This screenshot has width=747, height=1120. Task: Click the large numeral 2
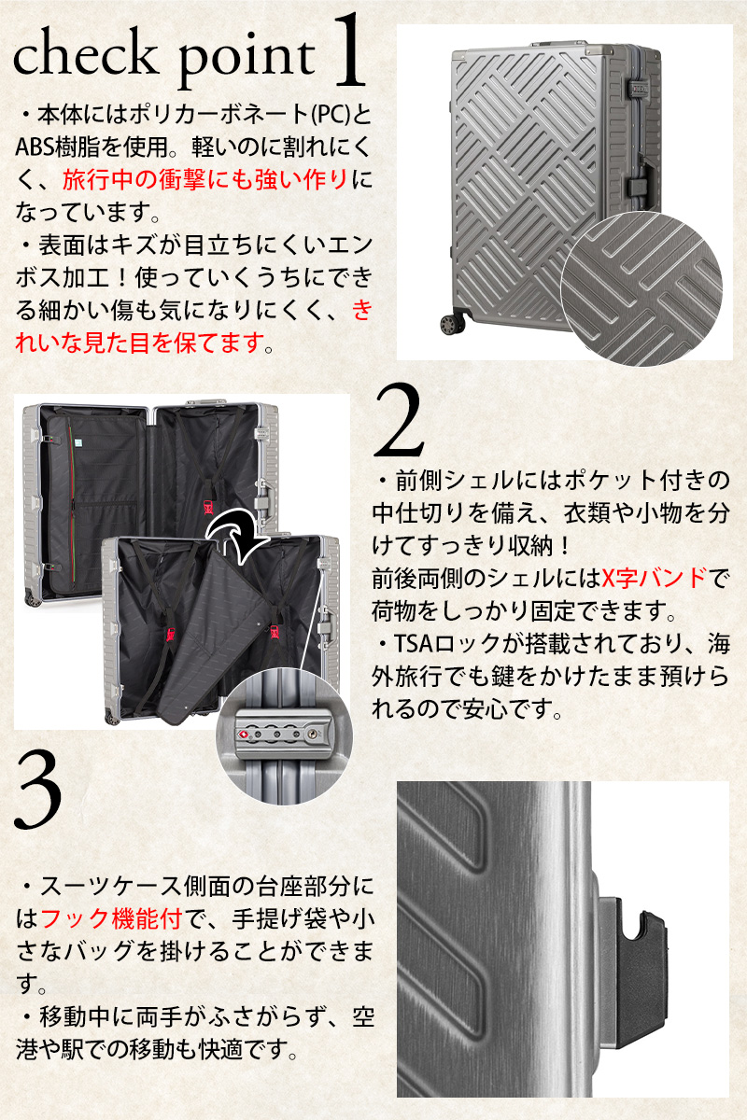coord(399,421)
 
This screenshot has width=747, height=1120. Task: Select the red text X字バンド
coord(655,579)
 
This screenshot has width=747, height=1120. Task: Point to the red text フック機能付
coord(111,917)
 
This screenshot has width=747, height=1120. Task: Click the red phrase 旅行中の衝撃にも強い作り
coord(205,179)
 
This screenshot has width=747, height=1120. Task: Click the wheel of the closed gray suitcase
coord(453,324)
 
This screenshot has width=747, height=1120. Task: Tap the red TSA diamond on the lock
coord(244,734)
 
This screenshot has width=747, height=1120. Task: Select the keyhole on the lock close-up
coord(313,734)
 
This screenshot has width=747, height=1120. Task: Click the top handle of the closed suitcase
coord(559,45)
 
